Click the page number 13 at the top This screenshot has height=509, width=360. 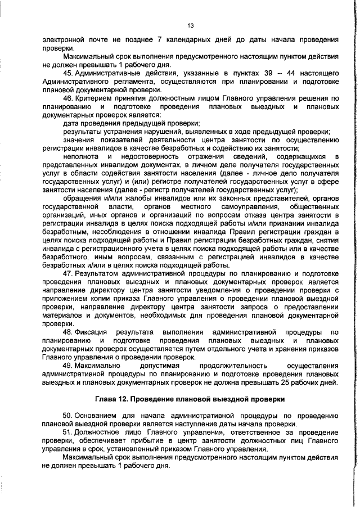click(191, 25)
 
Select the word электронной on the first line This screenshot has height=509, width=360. click(64, 40)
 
